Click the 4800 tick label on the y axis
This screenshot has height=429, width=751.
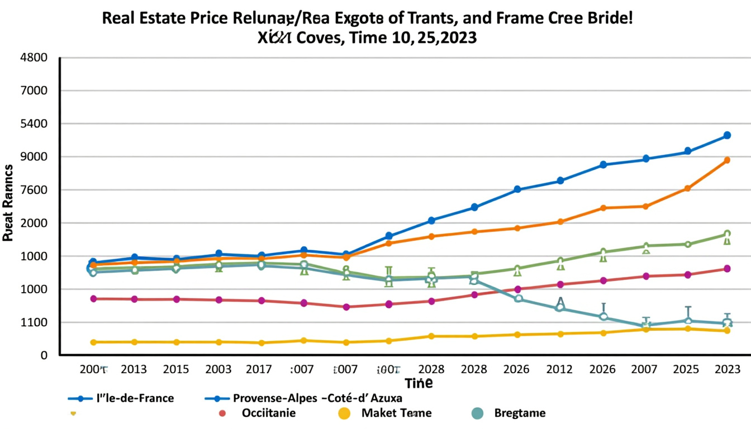[x=34, y=58]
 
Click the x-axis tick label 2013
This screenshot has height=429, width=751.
[x=134, y=369]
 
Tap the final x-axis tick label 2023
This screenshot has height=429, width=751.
[x=727, y=369]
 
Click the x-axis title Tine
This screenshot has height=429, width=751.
[x=419, y=383]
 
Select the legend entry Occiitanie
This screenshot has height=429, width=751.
[x=269, y=413]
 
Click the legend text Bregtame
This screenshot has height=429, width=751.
[x=520, y=413]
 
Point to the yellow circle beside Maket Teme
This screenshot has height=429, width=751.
[x=344, y=413]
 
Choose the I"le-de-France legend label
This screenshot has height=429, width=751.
[x=135, y=398]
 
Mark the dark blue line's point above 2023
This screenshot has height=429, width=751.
[x=727, y=135]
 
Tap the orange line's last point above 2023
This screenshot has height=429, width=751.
[x=727, y=160]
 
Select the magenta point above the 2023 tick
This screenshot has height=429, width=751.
[x=727, y=269]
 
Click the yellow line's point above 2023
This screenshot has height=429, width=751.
[x=727, y=331]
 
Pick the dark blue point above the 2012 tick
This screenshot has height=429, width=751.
[x=560, y=181]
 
